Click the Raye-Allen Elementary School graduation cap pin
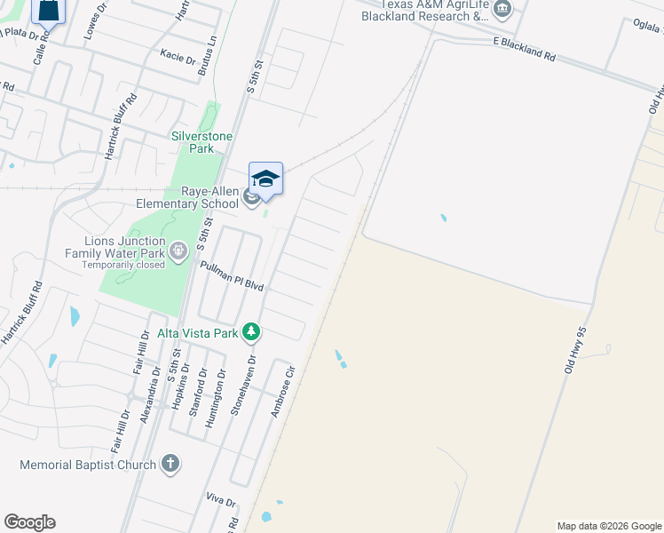pyautogui.click(x=265, y=179)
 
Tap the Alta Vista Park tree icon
pyautogui.click(x=252, y=332)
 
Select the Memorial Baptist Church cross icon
pyautogui.click(x=171, y=464)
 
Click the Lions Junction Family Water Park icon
pyautogui.click(x=178, y=251)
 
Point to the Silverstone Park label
pyautogui.click(x=202, y=142)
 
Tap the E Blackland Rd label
pyautogui.click(x=524, y=49)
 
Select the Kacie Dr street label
pyautogui.click(x=178, y=57)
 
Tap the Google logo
pyautogui.click(x=29, y=522)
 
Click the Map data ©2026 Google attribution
pyautogui.click(x=609, y=526)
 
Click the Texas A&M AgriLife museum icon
pyautogui.click(x=502, y=10)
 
